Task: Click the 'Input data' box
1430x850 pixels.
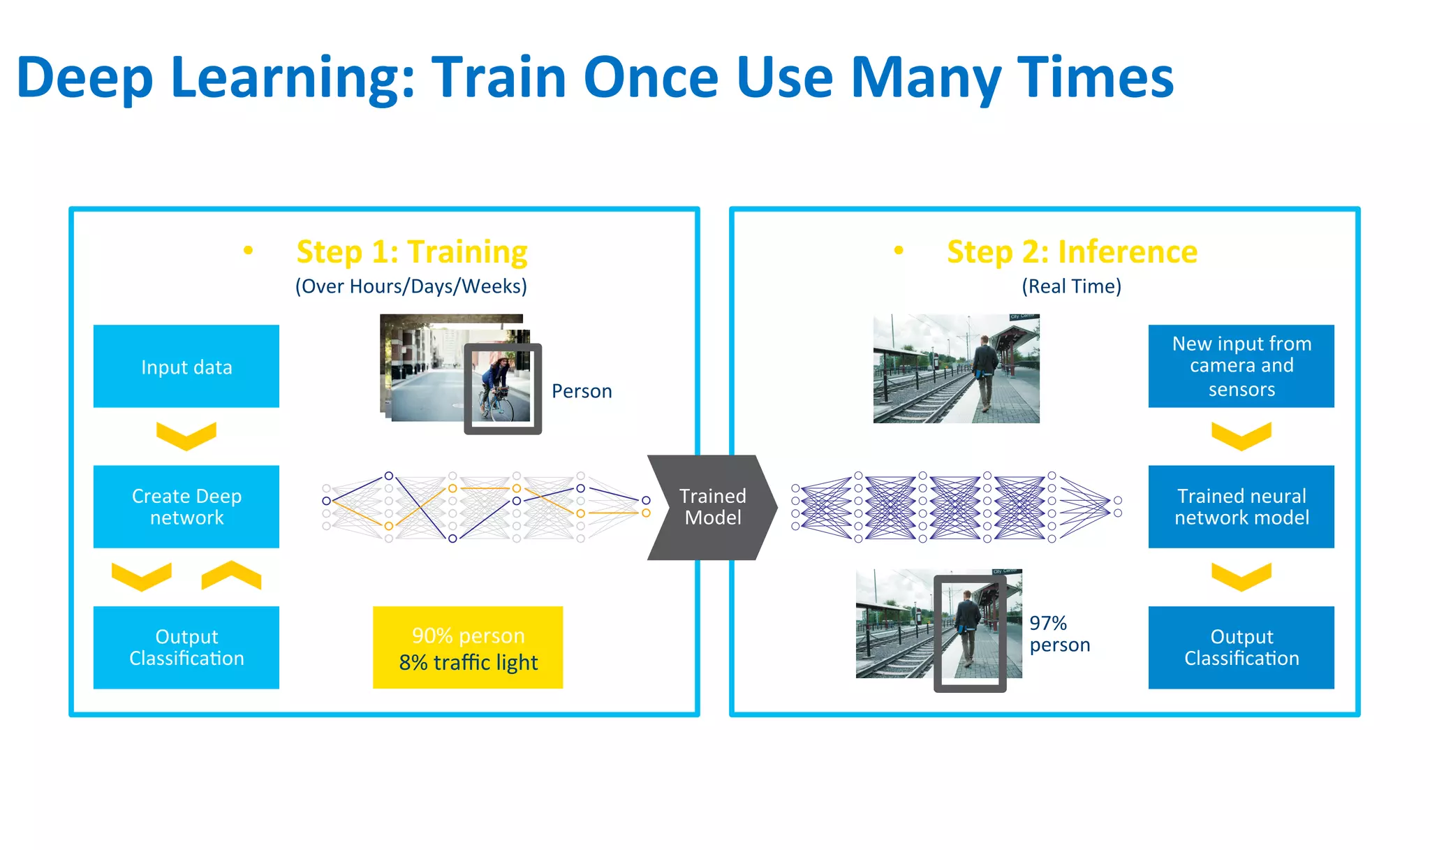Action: click(x=186, y=367)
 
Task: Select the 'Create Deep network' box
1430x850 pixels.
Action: click(x=186, y=507)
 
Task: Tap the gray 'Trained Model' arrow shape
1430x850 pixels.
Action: click(x=712, y=507)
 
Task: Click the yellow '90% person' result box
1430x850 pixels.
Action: click(x=468, y=647)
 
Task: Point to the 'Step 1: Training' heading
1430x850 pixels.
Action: click(x=411, y=252)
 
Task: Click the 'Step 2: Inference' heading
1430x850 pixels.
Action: click(x=1072, y=252)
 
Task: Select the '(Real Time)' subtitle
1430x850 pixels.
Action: click(x=1071, y=286)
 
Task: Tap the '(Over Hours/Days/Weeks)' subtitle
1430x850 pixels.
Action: click(x=411, y=286)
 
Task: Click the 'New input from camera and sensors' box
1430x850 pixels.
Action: click(x=1241, y=367)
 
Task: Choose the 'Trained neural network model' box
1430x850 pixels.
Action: click(x=1241, y=507)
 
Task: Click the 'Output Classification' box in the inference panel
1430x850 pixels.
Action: click(x=1241, y=647)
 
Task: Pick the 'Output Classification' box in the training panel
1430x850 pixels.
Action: click(x=186, y=647)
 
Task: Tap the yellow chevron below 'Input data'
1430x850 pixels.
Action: click(x=186, y=436)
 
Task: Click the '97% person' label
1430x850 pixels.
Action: click(x=1059, y=633)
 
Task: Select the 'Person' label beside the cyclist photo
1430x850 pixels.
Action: click(x=582, y=391)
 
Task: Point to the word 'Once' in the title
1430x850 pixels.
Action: click(x=651, y=78)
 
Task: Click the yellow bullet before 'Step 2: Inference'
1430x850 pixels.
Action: click(x=899, y=250)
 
